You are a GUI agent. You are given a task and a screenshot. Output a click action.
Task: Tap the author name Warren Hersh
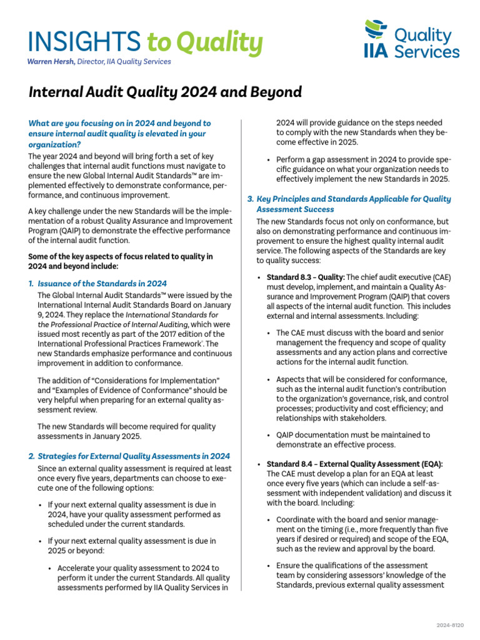(x=51, y=61)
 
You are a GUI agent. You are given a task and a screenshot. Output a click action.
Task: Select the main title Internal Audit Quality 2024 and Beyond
(x=165, y=92)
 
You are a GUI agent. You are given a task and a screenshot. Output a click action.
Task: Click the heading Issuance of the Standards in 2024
(x=102, y=283)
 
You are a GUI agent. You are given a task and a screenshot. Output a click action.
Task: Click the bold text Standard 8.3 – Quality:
(x=305, y=277)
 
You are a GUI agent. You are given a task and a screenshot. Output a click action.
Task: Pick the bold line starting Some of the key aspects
(x=120, y=261)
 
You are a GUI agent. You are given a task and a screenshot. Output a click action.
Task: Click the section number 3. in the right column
(x=251, y=199)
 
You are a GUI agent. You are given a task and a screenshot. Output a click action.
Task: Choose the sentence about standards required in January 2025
(x=126, y=431)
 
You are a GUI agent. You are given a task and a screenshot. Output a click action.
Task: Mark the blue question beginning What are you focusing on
(x=119, y=134)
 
